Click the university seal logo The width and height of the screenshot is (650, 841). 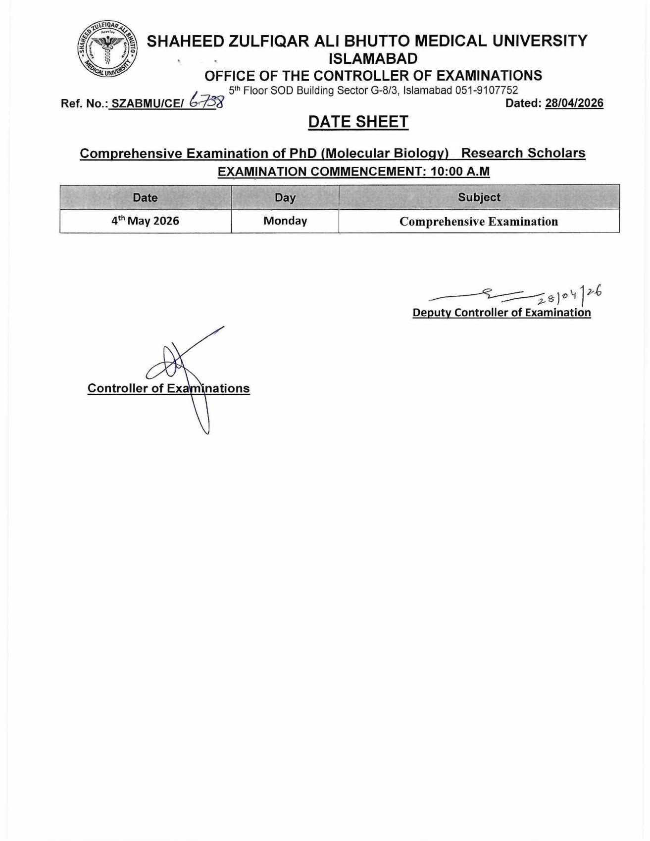click(x=107, y=49)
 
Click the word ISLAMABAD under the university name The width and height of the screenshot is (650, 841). click(x=373, y=59)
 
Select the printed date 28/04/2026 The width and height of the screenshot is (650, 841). click(x=574, y=103)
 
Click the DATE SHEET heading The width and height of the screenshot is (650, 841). click(x=358, y=122)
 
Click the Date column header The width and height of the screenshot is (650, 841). click(x=145, y=197)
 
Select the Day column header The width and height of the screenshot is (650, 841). click(x=285, y=197)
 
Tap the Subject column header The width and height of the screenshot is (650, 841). click(x=479, y=197)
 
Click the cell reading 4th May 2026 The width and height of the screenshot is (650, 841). click(x=145, y=221)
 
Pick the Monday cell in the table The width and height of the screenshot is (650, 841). click(x=285, y=221)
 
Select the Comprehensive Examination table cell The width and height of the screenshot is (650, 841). click(x=479, y=221)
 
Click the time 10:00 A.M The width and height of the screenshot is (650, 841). click(x=460, y=172)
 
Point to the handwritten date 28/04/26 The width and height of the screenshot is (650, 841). click(x=569, y=295)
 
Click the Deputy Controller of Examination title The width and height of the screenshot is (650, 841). click(x=501, y=313)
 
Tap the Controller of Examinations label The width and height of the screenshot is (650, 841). click(x=168, y=388)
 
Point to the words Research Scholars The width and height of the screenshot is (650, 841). click(x=523, y=153)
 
